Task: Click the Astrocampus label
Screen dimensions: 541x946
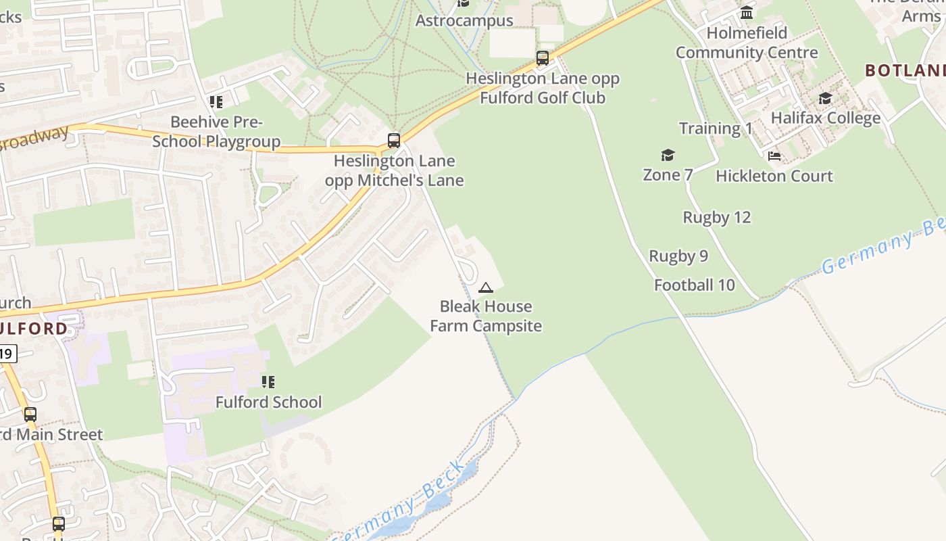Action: (x=464, y=20)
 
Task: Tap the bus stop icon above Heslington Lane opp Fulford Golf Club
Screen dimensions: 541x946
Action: (x=543, y=58)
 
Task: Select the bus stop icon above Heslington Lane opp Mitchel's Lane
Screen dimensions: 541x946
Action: (x=394, y=141)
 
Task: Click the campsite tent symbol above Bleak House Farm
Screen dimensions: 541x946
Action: (x=485, y=288)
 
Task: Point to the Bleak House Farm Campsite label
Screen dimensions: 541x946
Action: (x=486, y=316)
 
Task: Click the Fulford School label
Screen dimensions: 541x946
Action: (x=268, y=402)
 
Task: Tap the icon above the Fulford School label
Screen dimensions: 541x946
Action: (x=268, y=382)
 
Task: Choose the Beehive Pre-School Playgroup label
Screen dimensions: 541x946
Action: (x=216, y=132)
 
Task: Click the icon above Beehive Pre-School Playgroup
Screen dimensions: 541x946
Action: (x=216, y=102)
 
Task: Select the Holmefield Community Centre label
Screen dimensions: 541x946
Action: (x=747, y=43)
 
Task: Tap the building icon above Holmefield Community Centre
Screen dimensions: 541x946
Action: (x=747, y=12)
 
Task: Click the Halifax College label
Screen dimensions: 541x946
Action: (x=826, y=118)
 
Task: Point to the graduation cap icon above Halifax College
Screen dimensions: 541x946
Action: (x=825, y=99)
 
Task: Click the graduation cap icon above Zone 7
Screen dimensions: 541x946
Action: (x=668, y=156)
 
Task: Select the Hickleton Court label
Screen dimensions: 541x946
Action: (x=774, y=176)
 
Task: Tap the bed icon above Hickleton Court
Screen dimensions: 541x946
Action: (x=774, y=156)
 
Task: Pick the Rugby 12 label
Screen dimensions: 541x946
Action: (x=717, y=217)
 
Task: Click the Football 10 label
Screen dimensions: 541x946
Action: (x=695, y=285)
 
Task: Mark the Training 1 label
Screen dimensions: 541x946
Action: (x=716, y=128)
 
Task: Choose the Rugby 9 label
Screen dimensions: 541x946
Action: (x=678, y=256)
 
